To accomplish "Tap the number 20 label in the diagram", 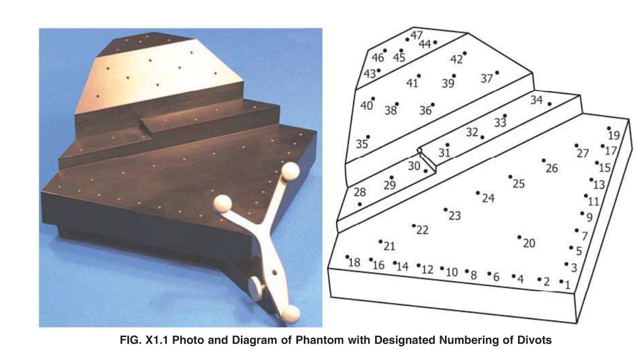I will pyautogui.click(x=529, y=243).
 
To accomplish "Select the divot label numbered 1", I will pyautogui.click(x=568, y=285).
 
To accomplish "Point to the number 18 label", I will pyautogui.click(x=354, y=263).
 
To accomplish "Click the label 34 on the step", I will pyautogui.click(x=536, y=100).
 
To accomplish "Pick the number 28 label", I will pyautogui.click(x=360, y=192).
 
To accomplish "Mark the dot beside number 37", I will pyautogui.click(x=497, y=73).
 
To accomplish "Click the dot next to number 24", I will pyautogui.click(x=477, y=193).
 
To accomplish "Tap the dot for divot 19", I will pyautogui.click(x=609, y=128).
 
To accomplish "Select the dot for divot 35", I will pyautogui.click(x=368, y=137).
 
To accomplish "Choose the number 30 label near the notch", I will pyautogui.click(x=414, y=166).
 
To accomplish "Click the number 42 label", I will pyautogui.click(x=457, y=59).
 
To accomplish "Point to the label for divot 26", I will pyautogui.click(x=552, y=168).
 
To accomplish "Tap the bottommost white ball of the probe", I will pyautogui.click(x=291, y=314).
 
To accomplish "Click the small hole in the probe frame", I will pyautogui.click(x=274, y=272).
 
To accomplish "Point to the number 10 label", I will pyautogui.click(x=451, y=272).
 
